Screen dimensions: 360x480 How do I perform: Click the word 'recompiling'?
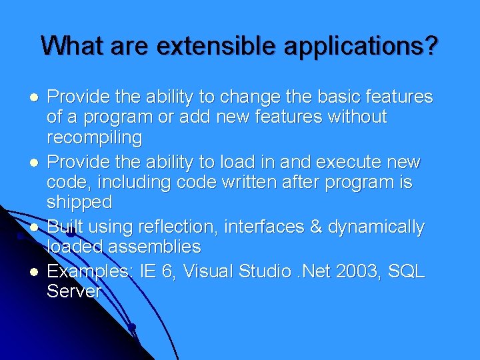point(94,138)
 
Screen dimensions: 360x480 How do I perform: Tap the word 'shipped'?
point(79,202)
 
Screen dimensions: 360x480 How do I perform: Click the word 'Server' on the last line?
point(74,291)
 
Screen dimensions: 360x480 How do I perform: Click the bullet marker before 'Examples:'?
point(33,272)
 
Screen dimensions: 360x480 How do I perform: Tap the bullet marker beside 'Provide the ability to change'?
point(33,98)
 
